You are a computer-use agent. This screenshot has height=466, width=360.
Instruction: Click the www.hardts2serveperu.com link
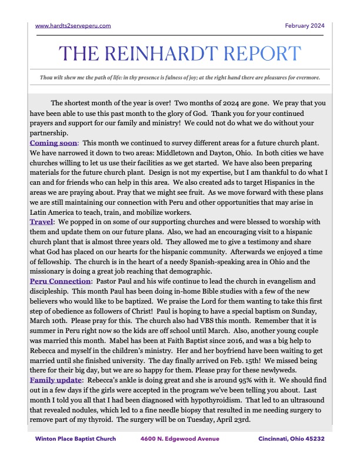(73, 25)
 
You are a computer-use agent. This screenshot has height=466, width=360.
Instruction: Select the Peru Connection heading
(59, 281)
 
